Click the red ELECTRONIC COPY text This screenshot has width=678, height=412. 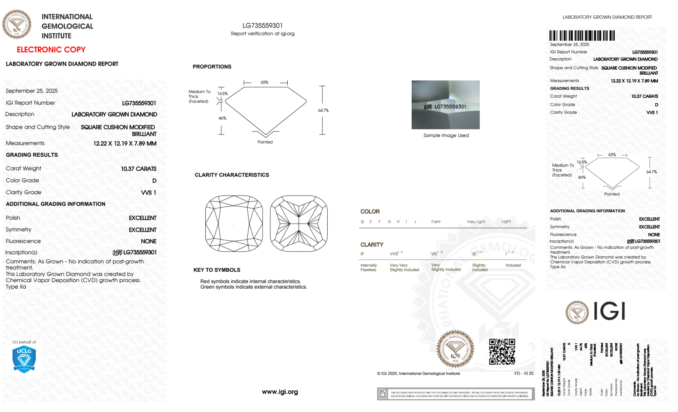[51, 50]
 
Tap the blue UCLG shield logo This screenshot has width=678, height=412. [24, 359]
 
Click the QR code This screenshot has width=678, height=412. [502, 352]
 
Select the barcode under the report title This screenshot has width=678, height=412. [582, 35]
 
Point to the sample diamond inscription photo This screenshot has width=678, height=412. [445, 104]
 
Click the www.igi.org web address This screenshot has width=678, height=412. [280, 392]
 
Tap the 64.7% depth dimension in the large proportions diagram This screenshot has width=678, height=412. [323, 110]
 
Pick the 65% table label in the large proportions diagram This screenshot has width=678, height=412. [264, 82]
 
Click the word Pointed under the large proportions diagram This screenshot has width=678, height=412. [265, 142]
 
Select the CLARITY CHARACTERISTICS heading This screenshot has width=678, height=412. [232, 175]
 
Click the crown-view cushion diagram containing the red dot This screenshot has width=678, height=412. [234, 223]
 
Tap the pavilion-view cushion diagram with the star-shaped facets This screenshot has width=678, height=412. [299, 223]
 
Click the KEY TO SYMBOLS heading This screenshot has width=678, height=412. [217, 270]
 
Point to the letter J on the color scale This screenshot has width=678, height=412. [415, 222]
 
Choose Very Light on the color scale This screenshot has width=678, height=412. [476, 222]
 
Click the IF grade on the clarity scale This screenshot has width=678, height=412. [362, 254]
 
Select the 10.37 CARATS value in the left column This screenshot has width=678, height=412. [139, 169]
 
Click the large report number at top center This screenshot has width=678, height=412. [262, 25]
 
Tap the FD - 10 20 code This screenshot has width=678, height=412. [523, 373]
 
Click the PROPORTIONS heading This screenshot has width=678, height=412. [212, 67]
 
